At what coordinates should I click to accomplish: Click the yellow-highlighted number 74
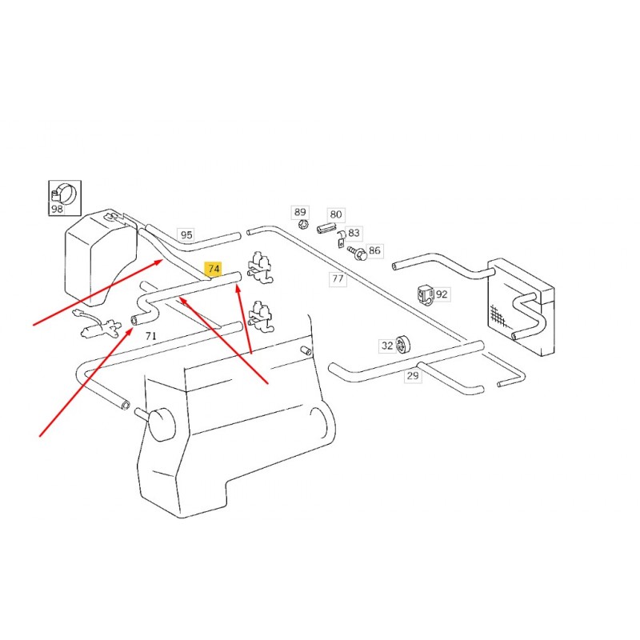(214, 269)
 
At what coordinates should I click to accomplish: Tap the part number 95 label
(186, 235)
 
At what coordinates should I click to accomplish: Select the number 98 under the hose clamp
(57, 209)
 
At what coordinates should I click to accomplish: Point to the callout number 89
(300, 212)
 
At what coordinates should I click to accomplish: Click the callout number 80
(336, 214)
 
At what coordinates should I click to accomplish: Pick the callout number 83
(354, 233)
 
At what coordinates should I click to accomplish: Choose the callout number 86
(374, 250)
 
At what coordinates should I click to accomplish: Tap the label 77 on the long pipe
(338, 278)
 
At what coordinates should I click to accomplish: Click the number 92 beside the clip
(442, 294)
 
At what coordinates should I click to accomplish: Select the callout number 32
(387, 346)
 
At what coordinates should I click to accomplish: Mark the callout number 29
(413, 375)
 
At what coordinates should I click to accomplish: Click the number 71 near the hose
(151, 336)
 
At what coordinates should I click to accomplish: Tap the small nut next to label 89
(303, 224)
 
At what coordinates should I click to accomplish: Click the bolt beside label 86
(357, 253)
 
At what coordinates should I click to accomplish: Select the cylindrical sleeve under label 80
(326, 227)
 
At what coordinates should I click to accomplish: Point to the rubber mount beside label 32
(403, 345)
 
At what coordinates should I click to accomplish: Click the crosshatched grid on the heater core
(498, 316)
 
